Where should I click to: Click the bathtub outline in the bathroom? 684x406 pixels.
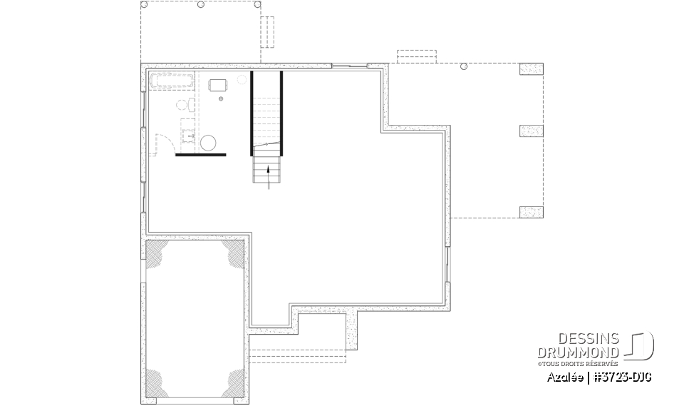pos(171,80)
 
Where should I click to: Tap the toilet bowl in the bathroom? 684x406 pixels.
pos(182,105)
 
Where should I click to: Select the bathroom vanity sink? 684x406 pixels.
pos(188,128)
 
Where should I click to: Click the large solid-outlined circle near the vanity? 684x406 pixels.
pos(209,143)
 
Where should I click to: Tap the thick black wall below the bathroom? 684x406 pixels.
pos(200,154)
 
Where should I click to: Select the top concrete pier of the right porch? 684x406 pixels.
pos(531,69)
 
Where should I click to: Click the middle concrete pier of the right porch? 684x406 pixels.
pos(531,131)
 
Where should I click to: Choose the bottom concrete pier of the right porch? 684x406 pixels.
pos(531,212)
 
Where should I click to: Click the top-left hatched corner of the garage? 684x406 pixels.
pos(157,251)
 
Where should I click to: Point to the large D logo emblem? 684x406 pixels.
pos(641,345)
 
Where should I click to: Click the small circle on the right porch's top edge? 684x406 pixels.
pos(464,66)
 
